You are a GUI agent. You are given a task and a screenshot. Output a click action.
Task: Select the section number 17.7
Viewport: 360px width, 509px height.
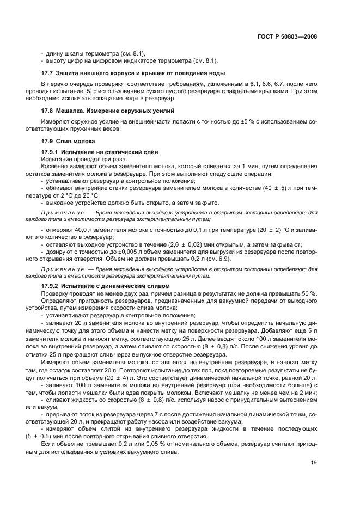click(47, 73)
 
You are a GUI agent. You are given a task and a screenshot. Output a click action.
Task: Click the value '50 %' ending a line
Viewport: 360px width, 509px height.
click(310, 293)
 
